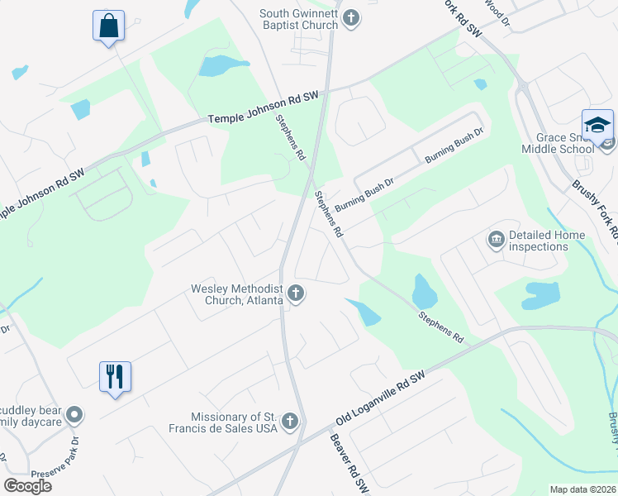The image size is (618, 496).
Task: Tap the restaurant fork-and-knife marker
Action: click(116, 377)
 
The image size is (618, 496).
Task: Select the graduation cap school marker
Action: click(597, 125)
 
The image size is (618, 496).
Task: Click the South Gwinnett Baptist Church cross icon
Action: click(351, 18)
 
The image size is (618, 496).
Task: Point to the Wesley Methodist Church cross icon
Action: click(295, 293)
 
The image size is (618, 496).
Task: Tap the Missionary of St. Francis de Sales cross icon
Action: click(289, 422)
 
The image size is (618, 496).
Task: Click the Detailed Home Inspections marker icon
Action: click(497, 241)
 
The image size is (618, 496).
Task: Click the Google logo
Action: click(28, 486)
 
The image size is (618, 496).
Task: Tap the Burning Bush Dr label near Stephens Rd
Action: click(365, 197)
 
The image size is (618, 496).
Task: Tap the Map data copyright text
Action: click(583, 489)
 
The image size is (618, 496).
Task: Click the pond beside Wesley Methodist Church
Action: click(364, 312)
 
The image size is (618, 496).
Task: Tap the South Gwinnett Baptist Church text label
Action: click(298, 19)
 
